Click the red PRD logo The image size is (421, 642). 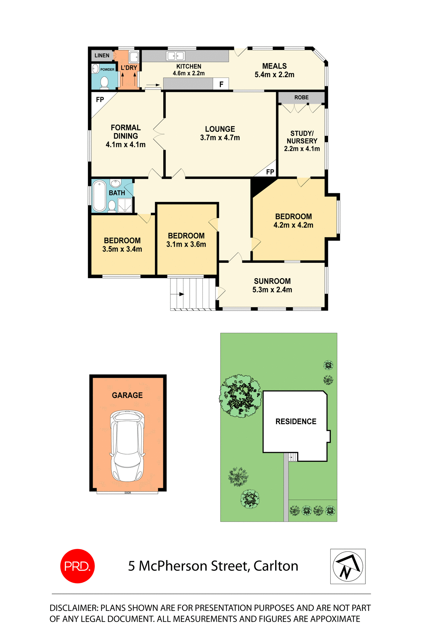click(77, 566)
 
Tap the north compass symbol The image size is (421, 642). click(348, 566)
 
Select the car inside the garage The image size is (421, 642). click(127, 446)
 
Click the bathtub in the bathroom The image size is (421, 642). click(99, 196)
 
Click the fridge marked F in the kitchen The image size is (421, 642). click(221, 84)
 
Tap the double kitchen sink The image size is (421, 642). click(176, 56)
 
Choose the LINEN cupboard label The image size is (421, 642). click(102, 56)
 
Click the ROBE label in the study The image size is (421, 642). click(302, 97)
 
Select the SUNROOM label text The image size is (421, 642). click(272, 281)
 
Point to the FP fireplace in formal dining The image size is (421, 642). click(100, 100)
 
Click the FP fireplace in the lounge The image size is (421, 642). click(270, 172)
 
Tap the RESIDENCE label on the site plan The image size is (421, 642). click(296, 421)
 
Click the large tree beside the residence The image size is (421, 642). click(240, 396)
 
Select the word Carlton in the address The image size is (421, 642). click(276, 566)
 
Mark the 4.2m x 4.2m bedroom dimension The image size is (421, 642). click(293, 225)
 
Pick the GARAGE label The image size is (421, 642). click(127, 395)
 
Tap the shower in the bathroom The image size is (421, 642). click(125, 205)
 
